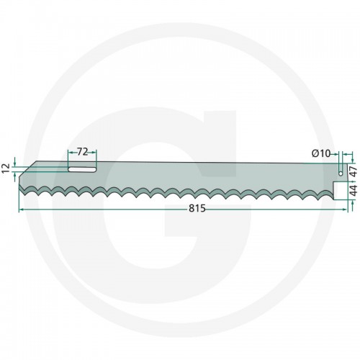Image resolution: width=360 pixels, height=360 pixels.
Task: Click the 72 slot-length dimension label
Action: [82, 152]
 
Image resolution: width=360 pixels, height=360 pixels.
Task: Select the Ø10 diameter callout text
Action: [321, 153]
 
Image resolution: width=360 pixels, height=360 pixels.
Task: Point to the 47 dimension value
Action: [354, 172]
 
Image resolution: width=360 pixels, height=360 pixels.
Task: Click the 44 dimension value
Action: [354, 190]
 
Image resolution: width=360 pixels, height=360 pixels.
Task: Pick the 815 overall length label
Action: [197, 208]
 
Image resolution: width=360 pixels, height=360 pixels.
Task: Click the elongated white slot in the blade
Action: [82, 169]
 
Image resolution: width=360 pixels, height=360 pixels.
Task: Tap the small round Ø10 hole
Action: [341, 174]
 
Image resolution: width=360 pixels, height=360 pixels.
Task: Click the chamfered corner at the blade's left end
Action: [28, 169]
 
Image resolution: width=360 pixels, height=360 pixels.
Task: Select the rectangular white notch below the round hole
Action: [341, 191]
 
